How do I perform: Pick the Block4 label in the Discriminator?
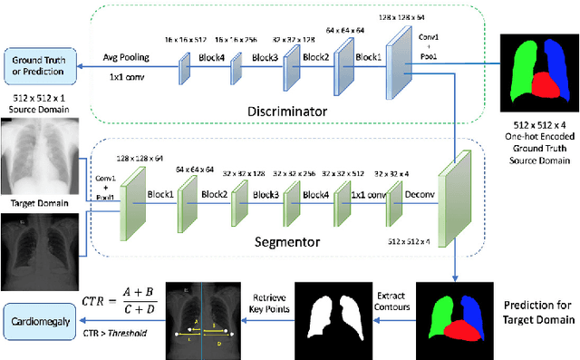(208, 67)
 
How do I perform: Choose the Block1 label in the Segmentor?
(161, 193)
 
